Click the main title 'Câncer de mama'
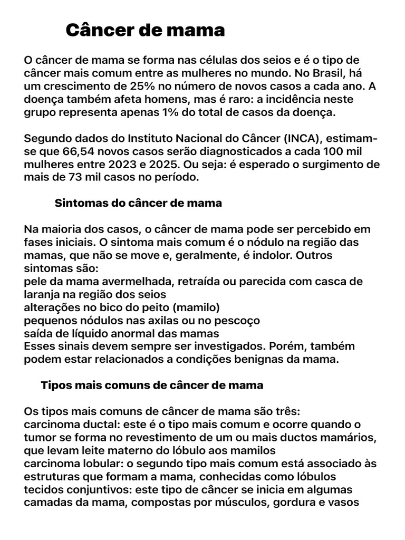click(x=145, y=31)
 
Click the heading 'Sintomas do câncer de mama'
click(x=138, y=203)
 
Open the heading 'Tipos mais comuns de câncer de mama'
click(x=152, y=385)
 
